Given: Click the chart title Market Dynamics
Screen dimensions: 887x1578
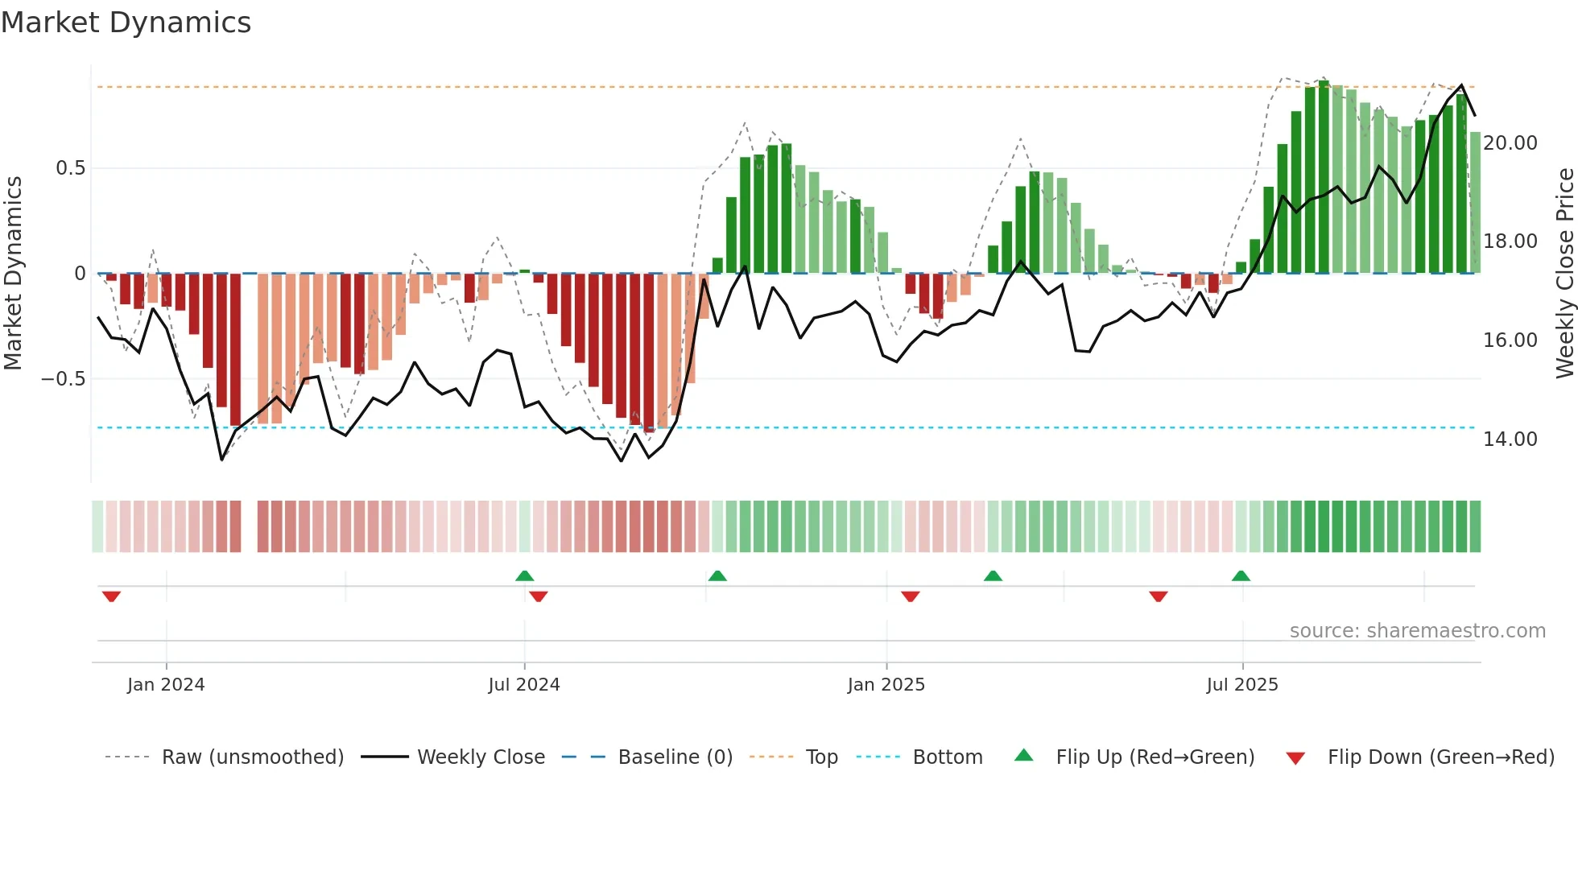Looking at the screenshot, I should (x=126, y=23).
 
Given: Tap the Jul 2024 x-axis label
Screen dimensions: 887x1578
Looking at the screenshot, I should (x=523, y=685).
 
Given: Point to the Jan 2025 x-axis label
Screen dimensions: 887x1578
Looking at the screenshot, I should (x=886, y=685).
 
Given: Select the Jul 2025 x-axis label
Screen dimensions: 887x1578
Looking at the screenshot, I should (x=1241, y=685).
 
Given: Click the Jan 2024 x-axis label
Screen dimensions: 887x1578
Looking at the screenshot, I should (x=166, y=685).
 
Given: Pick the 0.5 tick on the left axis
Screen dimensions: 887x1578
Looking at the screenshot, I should (x=70, y=168).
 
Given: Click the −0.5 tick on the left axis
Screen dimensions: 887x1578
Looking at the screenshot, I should (x=64, y=379).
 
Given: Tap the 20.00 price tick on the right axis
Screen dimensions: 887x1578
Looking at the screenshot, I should (x=1510, y=143).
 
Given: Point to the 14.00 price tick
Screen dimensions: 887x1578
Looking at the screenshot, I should (x=1510, y=439).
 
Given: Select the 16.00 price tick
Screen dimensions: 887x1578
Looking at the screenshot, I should (x=1510, y=340).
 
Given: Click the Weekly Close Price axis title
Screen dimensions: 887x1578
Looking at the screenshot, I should (x=1564, y=274).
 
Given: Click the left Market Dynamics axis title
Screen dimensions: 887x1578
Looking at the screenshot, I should (x=13, y=274).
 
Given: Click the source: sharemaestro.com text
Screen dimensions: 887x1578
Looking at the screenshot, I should (x=1417, y=631).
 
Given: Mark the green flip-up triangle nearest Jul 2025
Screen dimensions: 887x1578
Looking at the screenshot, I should (x=1241, y=576).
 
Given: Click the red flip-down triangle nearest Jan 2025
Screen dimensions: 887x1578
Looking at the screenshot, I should (x=910, y=596).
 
